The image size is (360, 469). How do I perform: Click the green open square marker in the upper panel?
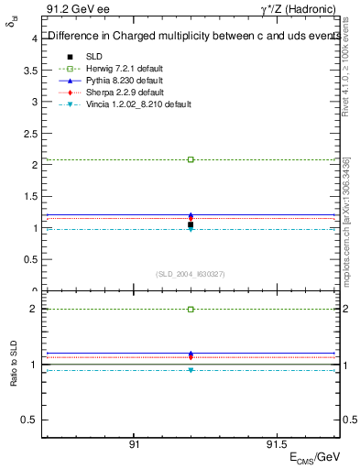(x=191, y=159)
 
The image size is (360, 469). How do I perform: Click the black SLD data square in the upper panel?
(x=191, y=224)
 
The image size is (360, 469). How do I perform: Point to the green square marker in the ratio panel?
(x=191, y=310)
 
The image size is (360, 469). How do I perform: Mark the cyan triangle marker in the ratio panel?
(x=191, y=370)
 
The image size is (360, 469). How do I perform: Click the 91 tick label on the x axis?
(x=134, y=442)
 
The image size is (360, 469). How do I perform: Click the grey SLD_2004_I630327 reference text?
(x=190, y=274)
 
